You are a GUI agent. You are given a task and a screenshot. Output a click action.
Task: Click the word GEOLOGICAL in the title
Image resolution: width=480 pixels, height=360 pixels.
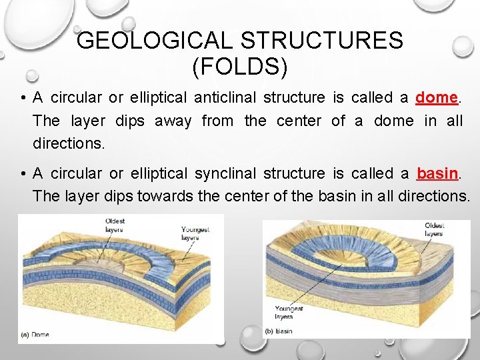click(155, 41)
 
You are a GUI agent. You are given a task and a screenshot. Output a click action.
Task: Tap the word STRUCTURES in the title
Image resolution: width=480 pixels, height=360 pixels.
click(321, 41)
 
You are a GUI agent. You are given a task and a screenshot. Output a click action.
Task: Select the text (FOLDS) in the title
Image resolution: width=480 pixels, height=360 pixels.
click(239, 67)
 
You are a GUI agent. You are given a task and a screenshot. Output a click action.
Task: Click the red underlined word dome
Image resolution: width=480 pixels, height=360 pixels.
click(436, 97)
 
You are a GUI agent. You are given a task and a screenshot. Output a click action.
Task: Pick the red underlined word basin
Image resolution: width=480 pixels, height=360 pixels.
click(437, 173)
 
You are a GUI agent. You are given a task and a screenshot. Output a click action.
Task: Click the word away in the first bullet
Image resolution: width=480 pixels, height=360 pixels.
click(173, 121)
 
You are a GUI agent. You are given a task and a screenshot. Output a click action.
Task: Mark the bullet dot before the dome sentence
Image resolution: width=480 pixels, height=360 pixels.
click(23, 98)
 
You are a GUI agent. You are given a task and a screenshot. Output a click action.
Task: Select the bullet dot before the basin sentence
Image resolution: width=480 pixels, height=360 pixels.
click(23, 174)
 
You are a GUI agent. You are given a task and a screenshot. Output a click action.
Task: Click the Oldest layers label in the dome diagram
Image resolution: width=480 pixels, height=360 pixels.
click(114, 225)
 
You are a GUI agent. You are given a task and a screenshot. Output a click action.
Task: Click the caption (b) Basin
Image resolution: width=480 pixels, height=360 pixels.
click(279, 331)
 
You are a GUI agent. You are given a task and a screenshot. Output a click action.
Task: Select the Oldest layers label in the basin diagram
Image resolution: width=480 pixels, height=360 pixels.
click(433, 229)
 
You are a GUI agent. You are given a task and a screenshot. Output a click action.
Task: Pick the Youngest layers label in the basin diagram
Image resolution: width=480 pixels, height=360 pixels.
click(289, 313)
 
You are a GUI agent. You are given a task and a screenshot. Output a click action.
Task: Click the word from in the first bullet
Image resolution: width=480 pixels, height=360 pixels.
click(217, 121)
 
